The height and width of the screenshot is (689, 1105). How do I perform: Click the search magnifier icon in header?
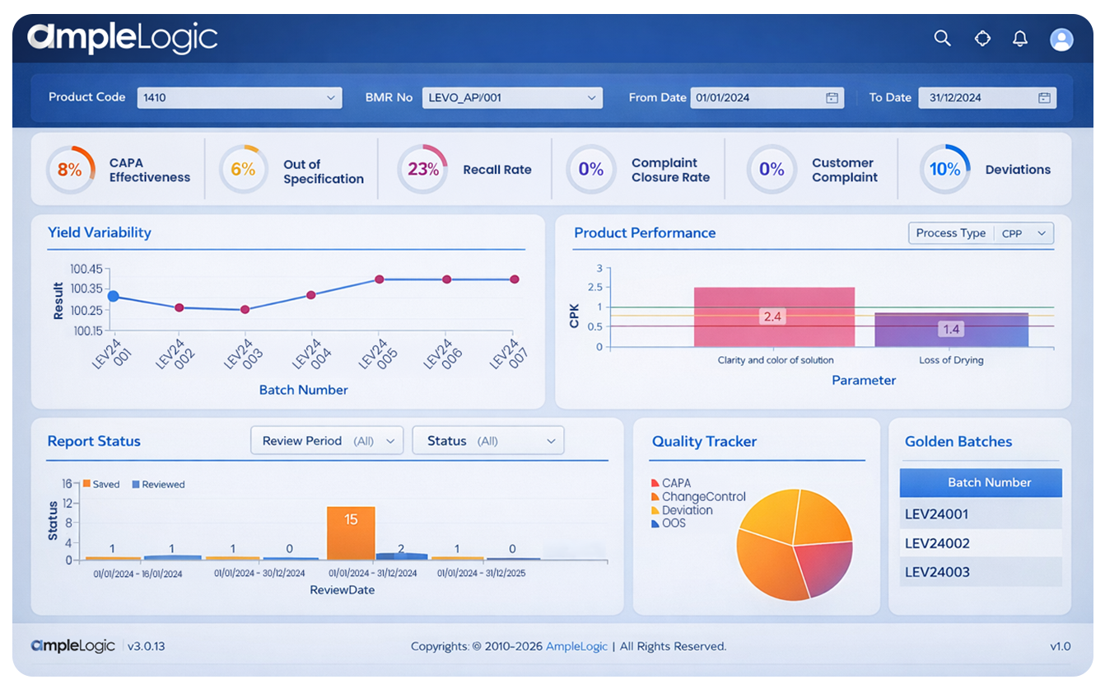(942, 38)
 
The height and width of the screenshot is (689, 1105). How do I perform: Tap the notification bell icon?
(1020, 38)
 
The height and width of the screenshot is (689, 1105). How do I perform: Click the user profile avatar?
(1061, 39)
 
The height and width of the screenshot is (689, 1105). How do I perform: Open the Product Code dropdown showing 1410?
(239, 97)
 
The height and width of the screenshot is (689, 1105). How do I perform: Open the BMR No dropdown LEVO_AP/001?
(511, 97)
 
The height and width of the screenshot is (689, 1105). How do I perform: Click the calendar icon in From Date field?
(832, 97)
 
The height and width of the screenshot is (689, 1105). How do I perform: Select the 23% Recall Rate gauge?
(422, 170)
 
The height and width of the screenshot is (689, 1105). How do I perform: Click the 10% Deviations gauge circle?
(944, 170)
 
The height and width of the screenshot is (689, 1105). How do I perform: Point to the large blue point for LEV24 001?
(114, 297)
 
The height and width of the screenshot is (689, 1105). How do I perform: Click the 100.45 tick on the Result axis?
(86, 269)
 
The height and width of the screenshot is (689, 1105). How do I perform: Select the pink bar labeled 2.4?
(774, 316)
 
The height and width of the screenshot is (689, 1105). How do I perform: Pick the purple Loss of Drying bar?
(951, 329)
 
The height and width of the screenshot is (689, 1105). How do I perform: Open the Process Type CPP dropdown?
(981, 233)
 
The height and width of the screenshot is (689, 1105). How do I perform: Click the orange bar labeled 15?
(351, 532)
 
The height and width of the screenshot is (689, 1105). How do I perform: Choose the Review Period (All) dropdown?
(327, 441)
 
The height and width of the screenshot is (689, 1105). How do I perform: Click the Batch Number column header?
(980, 483)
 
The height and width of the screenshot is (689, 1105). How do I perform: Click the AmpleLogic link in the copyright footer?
(576, 646)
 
